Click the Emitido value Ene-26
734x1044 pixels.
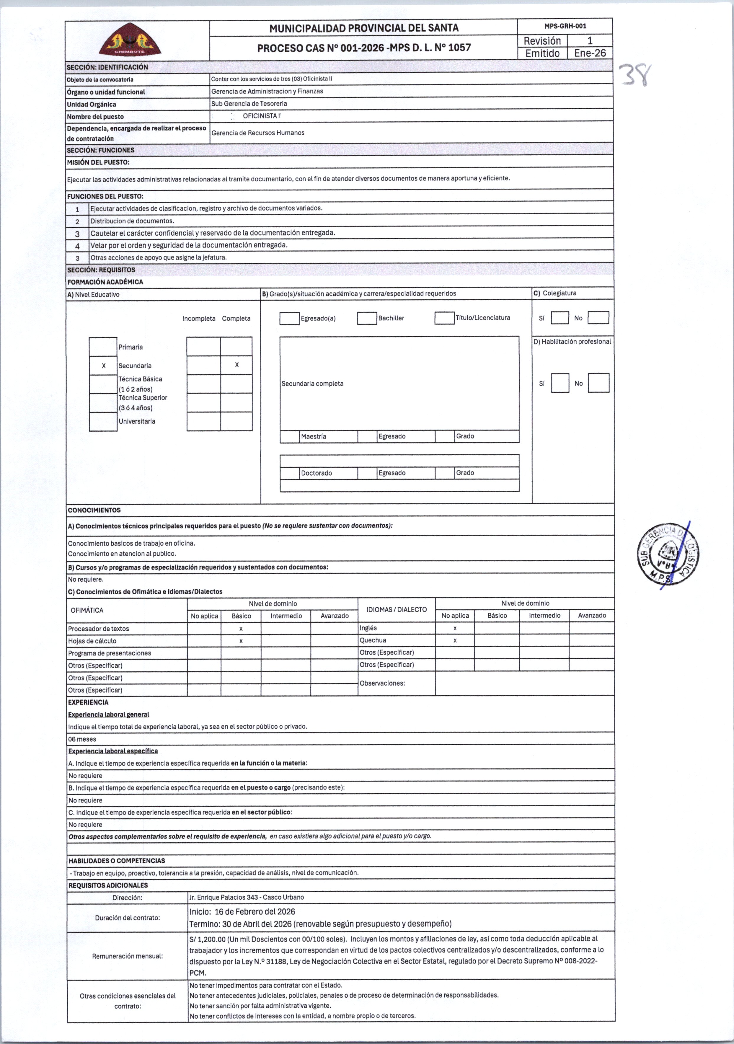click(x=590, y=53)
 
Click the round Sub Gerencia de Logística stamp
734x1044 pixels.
click(x=668, y=554)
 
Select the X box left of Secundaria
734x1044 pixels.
click(x=104, y=366)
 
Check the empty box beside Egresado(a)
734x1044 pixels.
click(x=289, y=318)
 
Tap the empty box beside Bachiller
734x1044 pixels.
click(x=367, y=318)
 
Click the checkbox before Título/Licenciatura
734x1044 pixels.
click(x=444, y=318)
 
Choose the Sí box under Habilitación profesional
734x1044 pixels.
click(x=560, y=383)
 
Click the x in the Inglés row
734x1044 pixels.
click(x=455, y=628)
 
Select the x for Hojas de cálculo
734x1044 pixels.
click(x=241, y=641)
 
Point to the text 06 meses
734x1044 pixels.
click(x=82, y=739)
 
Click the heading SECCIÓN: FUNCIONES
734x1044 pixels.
click(x=101, y=150)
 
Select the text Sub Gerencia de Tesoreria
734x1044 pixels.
click(x=249, y=104)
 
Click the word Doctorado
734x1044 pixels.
click(x=317, y=473)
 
